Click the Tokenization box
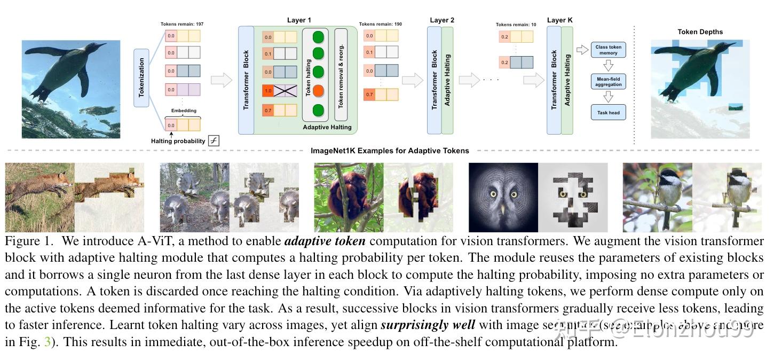(141, 77)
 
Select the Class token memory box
(608, 50)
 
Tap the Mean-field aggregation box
(608, 82)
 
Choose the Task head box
(608, 113)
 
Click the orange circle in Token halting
(318, 91)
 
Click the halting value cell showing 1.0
(268, 91)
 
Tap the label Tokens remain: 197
(182, 24)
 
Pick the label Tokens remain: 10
(516, 25)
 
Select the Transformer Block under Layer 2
(434, 80)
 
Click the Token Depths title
(700, 32)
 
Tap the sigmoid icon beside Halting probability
(214, 141)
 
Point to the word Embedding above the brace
(184, 111)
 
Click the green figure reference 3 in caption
(47, 342)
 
